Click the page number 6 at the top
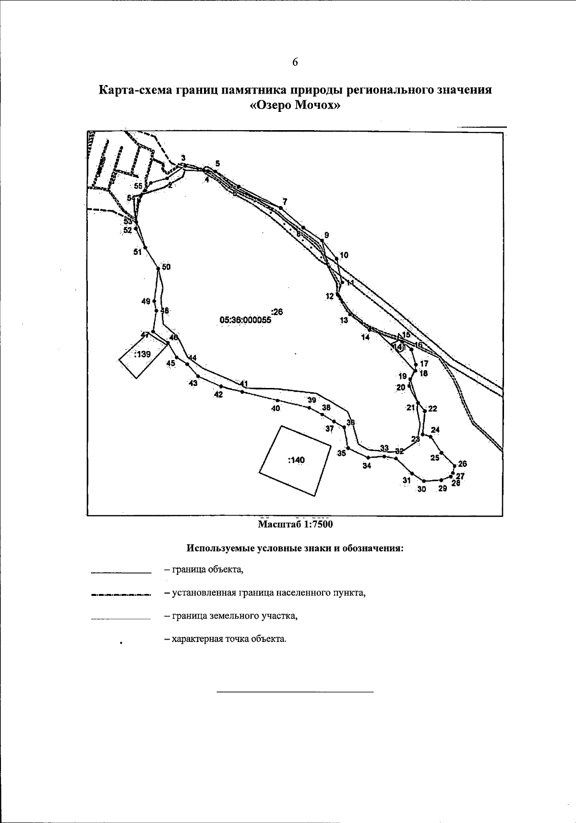295,62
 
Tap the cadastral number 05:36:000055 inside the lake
245,319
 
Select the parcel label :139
143,354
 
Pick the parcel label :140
296,460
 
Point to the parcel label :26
277,312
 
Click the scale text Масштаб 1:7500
295,524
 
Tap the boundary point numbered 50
158,269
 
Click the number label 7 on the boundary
285,201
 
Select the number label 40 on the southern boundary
276,409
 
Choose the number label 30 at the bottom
421,489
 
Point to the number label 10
344,255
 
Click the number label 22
432,409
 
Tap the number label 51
138,252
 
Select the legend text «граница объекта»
204,570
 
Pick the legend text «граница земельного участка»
230,616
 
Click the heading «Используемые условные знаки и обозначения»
295,548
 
